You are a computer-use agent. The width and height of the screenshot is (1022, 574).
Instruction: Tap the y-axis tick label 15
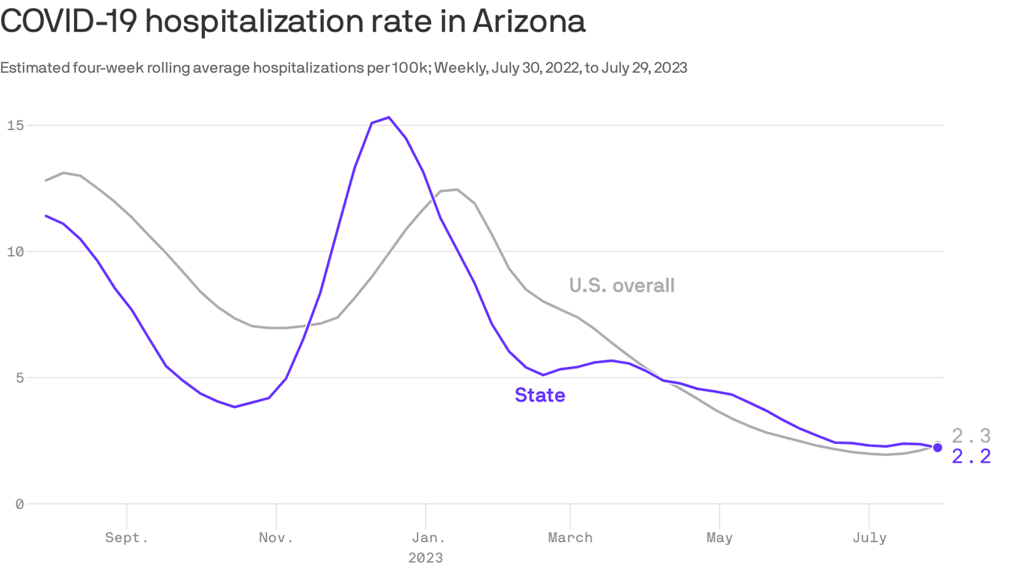15,125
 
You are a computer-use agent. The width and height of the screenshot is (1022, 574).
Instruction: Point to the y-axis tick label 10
15,251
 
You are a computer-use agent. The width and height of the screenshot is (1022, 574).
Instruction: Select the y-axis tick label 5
19,377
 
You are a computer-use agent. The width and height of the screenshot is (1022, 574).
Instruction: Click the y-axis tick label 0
19,504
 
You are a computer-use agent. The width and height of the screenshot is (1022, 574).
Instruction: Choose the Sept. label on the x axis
126,537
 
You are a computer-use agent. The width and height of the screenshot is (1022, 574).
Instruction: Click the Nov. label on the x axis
276,537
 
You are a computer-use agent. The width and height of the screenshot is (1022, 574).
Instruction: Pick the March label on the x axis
570,537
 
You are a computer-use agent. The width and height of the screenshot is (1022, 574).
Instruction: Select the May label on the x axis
719,537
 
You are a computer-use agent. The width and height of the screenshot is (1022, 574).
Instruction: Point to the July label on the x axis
869,537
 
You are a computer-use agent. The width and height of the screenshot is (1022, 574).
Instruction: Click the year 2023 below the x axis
425,558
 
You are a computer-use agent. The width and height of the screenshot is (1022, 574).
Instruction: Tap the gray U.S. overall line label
622,286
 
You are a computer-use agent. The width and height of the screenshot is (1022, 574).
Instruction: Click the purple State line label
539,395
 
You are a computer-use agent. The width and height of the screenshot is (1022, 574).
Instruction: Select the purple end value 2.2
971,457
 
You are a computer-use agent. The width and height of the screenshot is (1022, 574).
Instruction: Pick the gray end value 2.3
971,436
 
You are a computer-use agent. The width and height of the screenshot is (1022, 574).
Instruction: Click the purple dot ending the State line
937,448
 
